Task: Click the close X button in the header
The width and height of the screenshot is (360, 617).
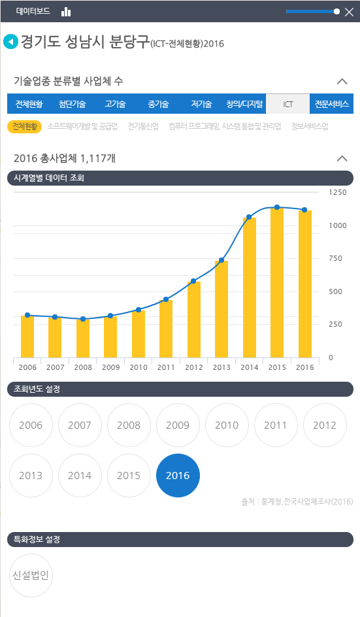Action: (x=349, y=12)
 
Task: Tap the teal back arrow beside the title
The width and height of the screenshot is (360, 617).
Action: (x=10, y=42)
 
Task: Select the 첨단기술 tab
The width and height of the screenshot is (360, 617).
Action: (x=72, y=104)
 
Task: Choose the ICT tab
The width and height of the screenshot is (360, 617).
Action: (x=288, y=104)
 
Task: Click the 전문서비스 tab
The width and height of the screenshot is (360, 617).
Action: (x=332, y=104)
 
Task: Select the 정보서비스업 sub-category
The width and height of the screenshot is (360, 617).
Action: (x=309, y=126)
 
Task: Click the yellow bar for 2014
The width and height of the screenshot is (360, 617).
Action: (x=249, y=288)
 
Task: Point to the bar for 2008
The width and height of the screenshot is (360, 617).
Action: (x=83, y=338)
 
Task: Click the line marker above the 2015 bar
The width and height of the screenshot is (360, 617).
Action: (x=277, y=207)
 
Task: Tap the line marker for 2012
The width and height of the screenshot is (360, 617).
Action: (x=193, y=281)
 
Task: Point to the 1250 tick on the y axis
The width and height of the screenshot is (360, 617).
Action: (x=338, y=192)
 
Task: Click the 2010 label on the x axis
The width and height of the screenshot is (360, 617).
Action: (x=139, y=368)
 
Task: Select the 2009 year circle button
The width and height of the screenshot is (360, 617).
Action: (x=178, y=425)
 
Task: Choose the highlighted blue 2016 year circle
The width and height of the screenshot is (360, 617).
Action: (x=178, y=475)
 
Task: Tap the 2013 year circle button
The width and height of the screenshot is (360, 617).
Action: (x=31, y=475)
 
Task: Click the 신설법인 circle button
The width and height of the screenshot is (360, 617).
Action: (x=31, y=575)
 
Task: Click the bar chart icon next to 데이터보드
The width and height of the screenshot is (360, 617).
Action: (x=66, y=12)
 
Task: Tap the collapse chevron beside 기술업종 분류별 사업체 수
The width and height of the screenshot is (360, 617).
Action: (x=341, y=82)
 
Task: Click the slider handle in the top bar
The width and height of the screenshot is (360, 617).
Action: (x=336, y=11)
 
